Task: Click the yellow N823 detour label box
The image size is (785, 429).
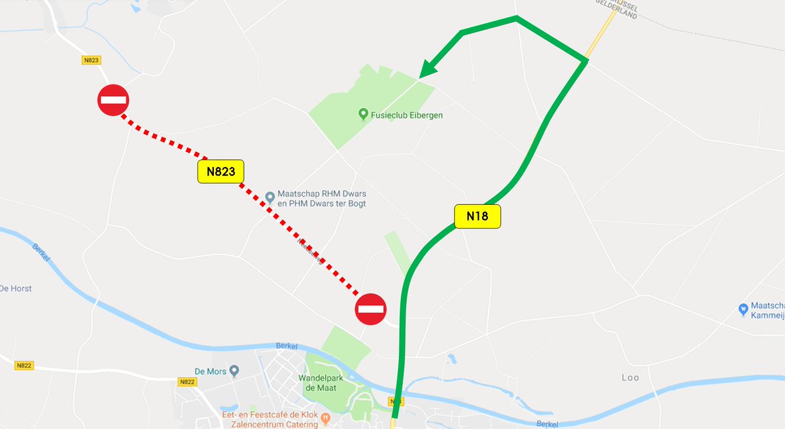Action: [x=220, y=172]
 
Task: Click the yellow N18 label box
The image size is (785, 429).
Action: [x=478, y=217]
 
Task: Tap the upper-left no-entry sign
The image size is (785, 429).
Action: [x=113, y=101]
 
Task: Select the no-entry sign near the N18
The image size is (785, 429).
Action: [x=371, y=308]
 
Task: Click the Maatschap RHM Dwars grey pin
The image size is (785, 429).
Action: [x=270, y=196]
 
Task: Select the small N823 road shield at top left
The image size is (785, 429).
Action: [x=92, y=60]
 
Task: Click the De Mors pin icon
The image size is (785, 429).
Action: [x=234, y=371]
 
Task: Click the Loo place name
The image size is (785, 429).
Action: [x=630, y=378]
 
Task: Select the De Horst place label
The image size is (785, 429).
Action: [x=16, y=288]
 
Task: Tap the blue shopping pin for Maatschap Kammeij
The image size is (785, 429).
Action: [x=742, y=308]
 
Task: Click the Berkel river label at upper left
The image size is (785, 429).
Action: [x=40, y=252]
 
